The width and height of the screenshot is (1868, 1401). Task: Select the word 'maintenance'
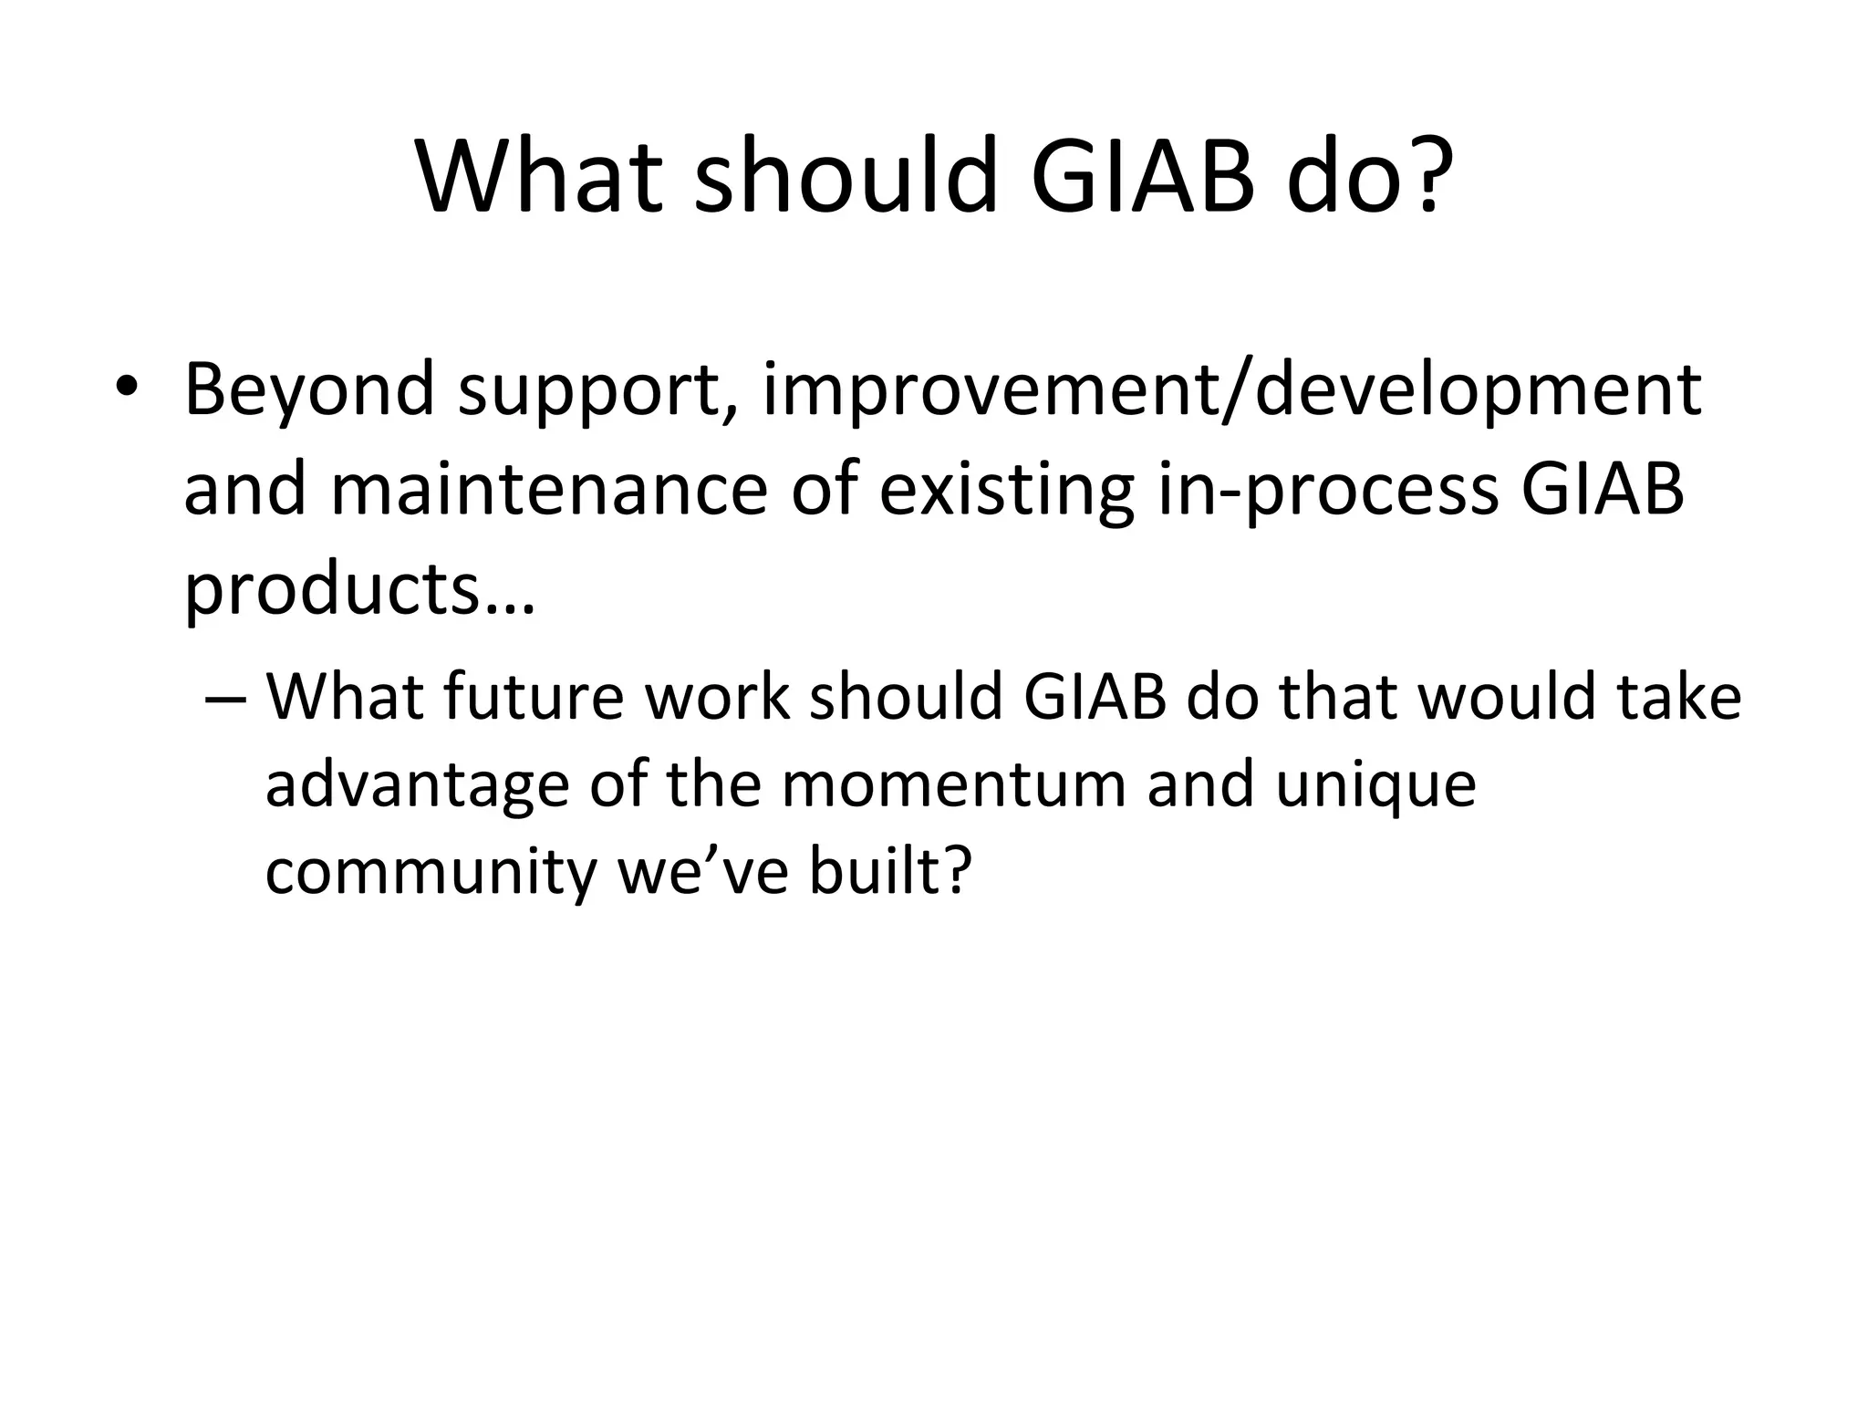(x=548, y=490)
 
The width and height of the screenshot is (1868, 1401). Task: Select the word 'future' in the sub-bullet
(x=534, y=697)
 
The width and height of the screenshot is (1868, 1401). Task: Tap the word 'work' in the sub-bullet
(x=717, y=697)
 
